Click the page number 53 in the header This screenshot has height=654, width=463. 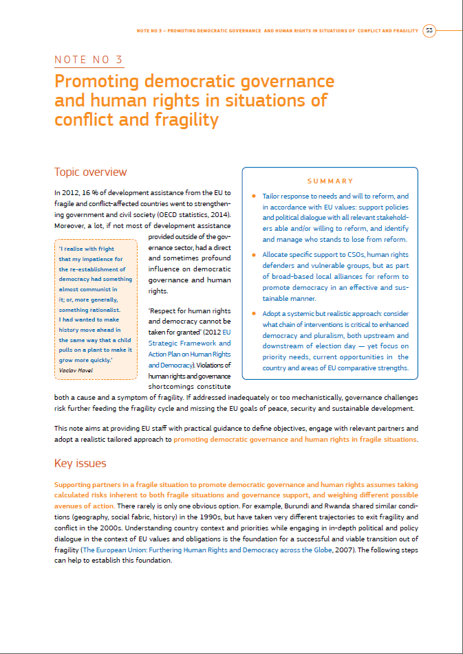click(429, 30)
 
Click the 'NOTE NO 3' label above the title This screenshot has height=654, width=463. click(89, 60)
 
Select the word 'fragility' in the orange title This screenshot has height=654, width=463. click(188, 121)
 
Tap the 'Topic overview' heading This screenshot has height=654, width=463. click(90, 172)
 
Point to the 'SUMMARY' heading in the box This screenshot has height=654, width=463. click(330, 181)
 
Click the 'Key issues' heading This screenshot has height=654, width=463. click(80, 464)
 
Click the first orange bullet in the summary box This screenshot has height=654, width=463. click(255, 196)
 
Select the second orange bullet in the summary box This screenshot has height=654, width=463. click(255, 255)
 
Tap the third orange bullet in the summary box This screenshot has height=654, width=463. click(255, 314)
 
